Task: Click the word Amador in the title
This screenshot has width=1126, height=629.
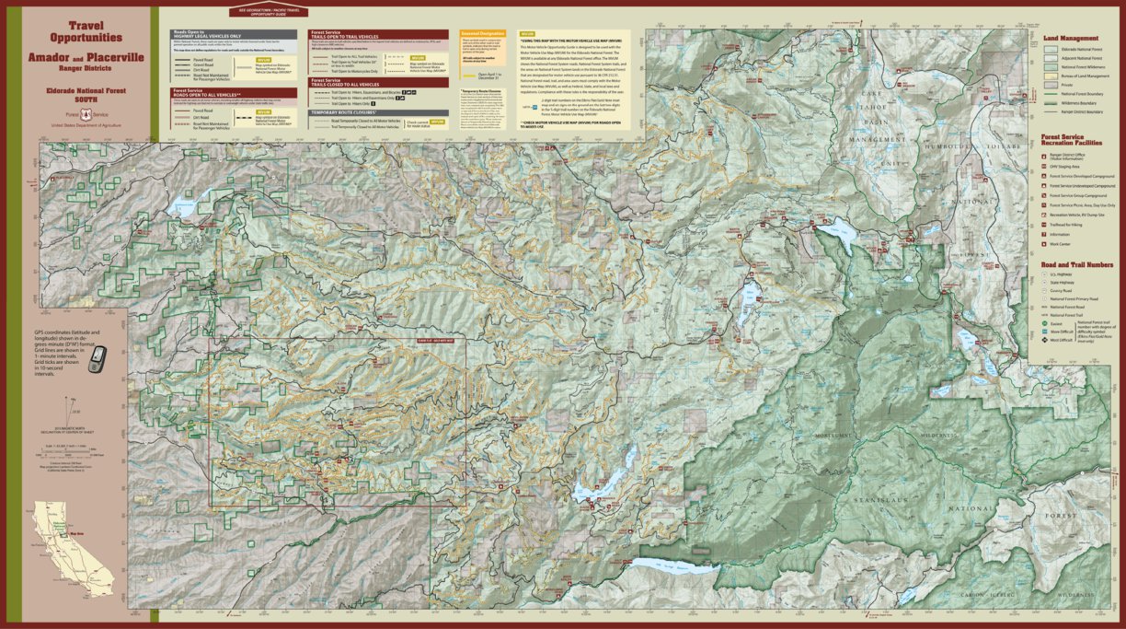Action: [45, 58]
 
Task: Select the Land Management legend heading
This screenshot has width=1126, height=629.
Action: [1072, 38]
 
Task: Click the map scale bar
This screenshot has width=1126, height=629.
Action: [70, 455]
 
